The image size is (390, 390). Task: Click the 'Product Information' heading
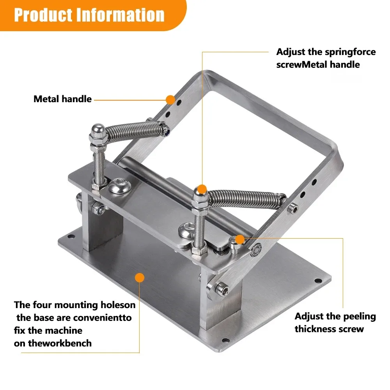click(89, 15)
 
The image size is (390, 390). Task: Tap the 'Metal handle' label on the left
click(63, 99)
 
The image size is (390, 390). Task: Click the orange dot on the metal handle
click(171, 100)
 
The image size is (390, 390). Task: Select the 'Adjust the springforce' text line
click(326, 52)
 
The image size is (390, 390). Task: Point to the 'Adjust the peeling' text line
click(335, 316)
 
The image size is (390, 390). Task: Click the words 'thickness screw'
click(329, 329)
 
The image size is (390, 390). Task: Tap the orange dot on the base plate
click(140, 278)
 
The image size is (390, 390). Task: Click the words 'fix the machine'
click(48, 331)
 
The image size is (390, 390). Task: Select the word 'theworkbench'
click(60, 343)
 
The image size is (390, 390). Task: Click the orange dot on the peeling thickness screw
click(240, 239)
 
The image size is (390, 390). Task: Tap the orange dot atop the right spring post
click(202, 189)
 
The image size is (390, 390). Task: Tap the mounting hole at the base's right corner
click(318, 281)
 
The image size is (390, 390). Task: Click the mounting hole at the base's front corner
click(225, 340)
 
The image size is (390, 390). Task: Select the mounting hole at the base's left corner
click(71, 236)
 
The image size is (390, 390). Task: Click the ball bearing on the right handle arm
click(256, 249)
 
